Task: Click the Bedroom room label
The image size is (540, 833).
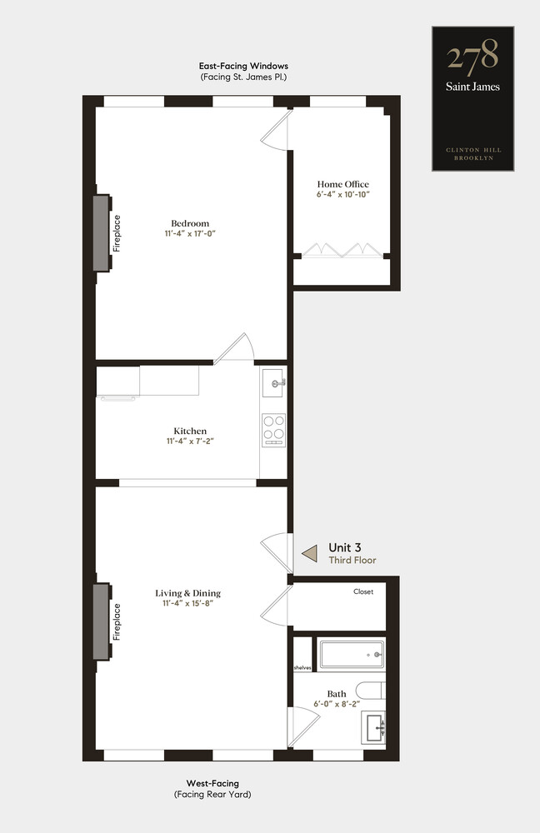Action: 190,223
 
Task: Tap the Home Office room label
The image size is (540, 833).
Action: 342,184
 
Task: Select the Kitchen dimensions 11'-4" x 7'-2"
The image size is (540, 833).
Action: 190,441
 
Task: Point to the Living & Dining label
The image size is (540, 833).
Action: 187,593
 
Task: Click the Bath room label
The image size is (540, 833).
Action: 337,694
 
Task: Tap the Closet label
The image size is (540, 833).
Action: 363,591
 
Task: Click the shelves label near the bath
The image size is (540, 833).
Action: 302,668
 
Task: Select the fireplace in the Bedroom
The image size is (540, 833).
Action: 102,232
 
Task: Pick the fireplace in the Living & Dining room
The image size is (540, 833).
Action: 102,621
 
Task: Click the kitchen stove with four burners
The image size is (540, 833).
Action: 273,429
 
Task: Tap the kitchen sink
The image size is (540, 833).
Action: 273,382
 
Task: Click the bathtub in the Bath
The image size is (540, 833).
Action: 352,655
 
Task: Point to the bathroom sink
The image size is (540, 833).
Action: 373,727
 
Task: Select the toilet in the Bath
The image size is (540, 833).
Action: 370,690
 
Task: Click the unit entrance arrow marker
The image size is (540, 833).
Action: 309,553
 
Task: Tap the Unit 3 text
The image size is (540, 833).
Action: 344,547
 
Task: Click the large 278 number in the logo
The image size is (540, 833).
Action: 472,55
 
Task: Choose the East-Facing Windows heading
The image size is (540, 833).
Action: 243,66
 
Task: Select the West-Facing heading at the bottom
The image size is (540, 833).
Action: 212,783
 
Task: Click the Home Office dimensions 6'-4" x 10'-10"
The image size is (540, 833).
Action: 342,194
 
